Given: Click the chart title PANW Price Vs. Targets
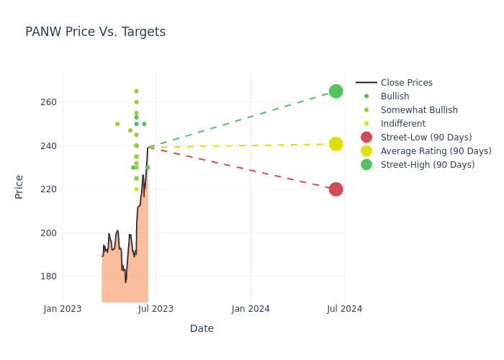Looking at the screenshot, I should coord(95,32).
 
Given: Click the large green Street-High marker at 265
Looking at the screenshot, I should coord(336,91).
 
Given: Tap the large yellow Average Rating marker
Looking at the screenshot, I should coord(336,144).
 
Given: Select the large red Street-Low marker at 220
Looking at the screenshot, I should coord(336,189).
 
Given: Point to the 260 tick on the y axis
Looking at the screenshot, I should coord(48,102).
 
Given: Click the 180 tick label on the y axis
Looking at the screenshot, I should coord(48,276).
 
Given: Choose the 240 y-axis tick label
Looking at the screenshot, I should coord(48,146).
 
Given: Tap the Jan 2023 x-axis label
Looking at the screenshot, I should coord(63,309).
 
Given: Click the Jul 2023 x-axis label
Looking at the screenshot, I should coord(156,309).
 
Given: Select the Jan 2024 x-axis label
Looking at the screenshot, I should coord(251,309).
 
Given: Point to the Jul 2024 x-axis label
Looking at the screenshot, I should coord(344,309).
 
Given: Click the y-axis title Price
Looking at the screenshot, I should coord(19,186).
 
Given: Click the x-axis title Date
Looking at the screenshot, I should coord(202,328).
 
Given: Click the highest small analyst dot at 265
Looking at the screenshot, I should coord(136,91).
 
